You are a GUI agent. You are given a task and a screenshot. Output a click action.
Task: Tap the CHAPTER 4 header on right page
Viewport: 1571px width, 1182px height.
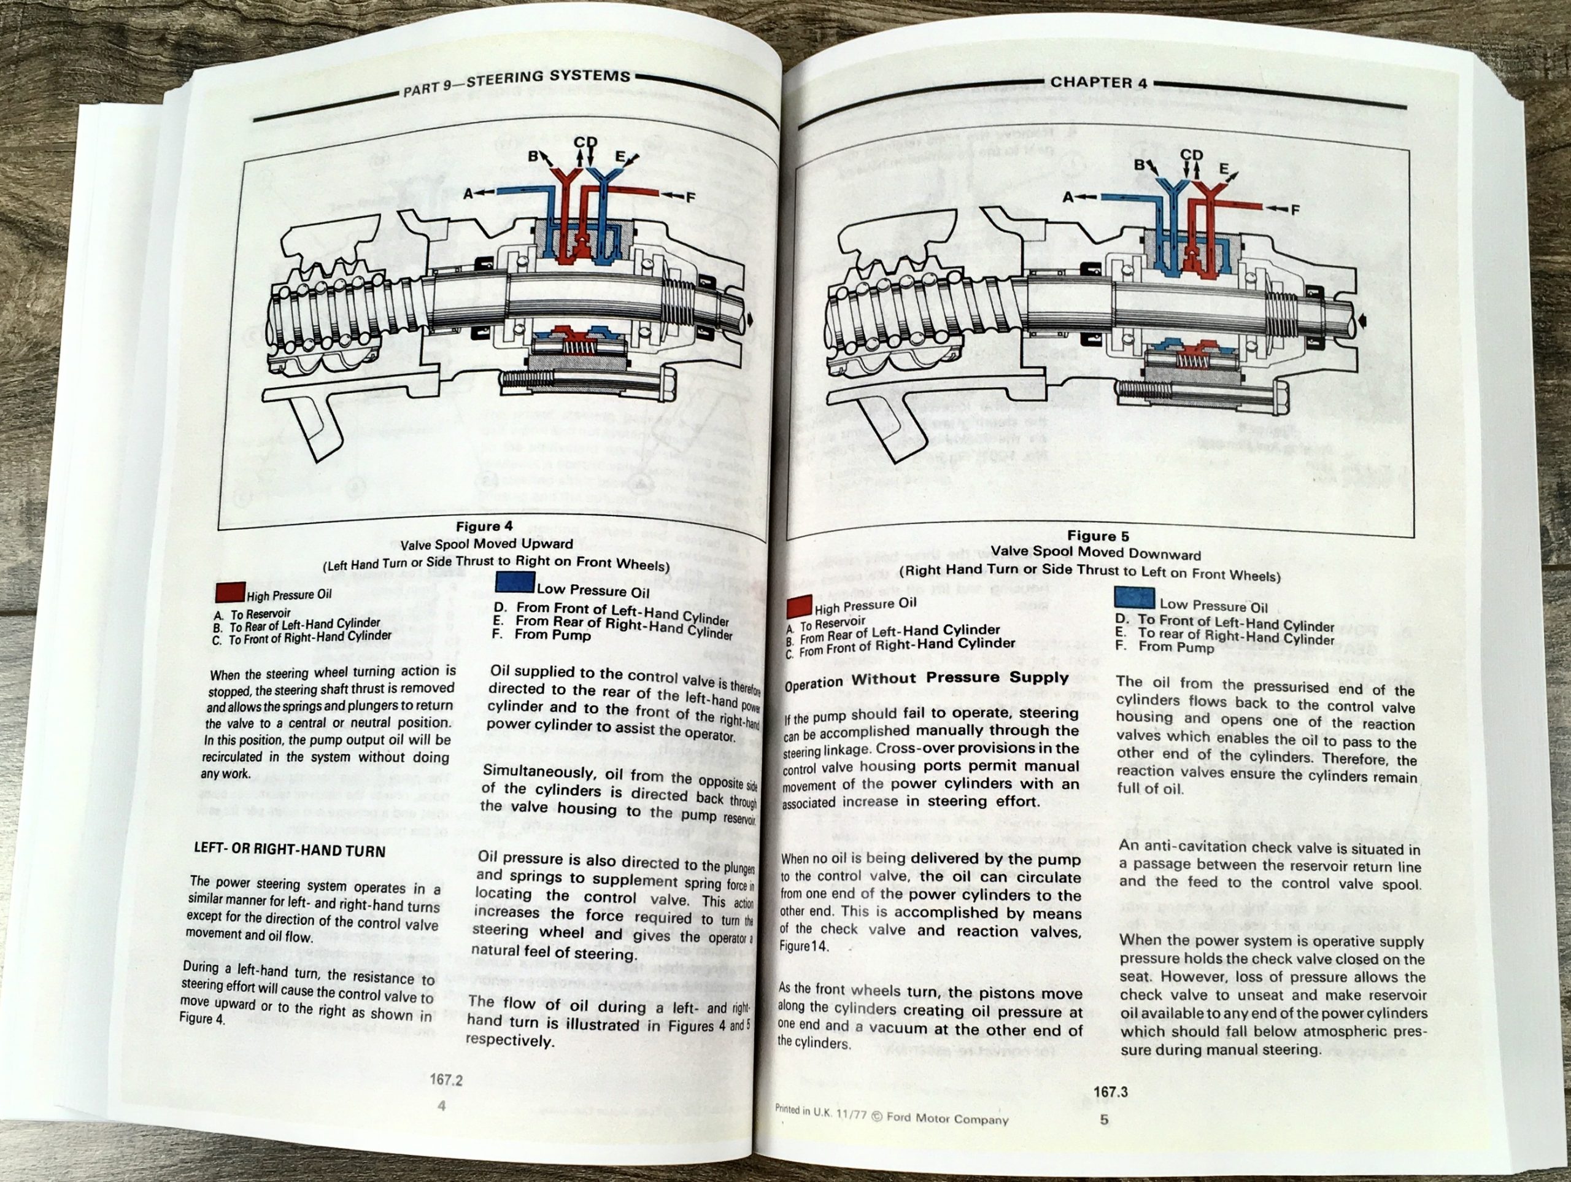[1098, 82]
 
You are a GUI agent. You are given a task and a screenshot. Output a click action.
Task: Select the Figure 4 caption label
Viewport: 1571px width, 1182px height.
[484, 527]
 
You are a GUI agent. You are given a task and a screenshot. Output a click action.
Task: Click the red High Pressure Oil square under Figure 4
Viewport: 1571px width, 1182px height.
[230, 592]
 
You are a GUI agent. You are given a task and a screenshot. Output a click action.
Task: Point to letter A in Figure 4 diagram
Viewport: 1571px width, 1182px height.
[468, 193]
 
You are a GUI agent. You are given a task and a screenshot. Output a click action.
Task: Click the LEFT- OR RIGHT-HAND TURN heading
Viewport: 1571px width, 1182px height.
[289, 850]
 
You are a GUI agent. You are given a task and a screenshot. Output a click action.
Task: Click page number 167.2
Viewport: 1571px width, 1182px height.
[446, 1080]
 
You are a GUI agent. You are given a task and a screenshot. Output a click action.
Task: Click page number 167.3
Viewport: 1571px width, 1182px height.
[1111, 1092]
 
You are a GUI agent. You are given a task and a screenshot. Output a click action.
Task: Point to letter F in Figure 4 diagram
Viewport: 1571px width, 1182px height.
[690, 198]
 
